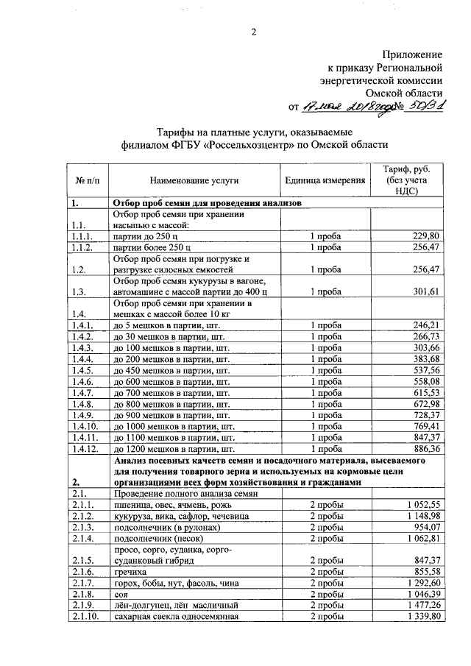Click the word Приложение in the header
(412, 54)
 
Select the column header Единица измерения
(325, 180)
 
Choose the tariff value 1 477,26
(421, 604)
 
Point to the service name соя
(121, 593)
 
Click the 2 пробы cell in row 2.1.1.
(325, 505)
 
